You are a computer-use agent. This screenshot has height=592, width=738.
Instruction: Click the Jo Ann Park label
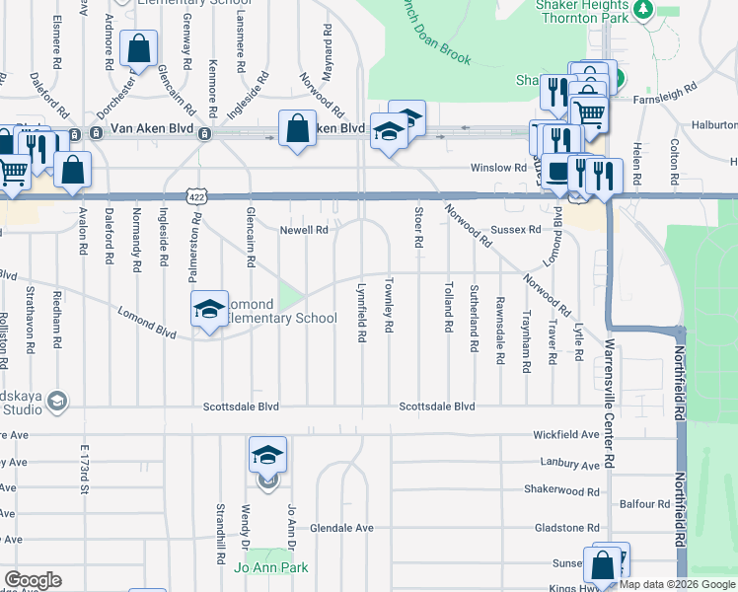point(270,567)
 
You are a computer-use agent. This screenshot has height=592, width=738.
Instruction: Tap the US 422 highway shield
point(198,197)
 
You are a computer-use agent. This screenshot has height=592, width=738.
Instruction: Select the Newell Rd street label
point(304,230)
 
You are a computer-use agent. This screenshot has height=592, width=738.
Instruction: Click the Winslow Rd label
point(498,168)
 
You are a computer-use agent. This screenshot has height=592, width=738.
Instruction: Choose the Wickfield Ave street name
point(565,434)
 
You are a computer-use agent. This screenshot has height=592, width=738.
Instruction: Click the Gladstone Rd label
point(566,528)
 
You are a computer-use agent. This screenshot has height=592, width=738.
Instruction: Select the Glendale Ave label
point(341,528)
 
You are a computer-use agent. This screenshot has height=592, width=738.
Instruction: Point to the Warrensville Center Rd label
point(611,405)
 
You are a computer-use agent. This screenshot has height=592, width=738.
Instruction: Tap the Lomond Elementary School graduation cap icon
point(208,309)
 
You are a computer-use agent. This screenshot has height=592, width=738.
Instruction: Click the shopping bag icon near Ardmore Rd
point(139,46)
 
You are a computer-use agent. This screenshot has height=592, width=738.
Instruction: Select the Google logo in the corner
point(33,580)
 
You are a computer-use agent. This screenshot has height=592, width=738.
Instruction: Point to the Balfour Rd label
point(645,504)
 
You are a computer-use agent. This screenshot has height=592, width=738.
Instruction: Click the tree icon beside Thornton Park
point(643,9)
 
